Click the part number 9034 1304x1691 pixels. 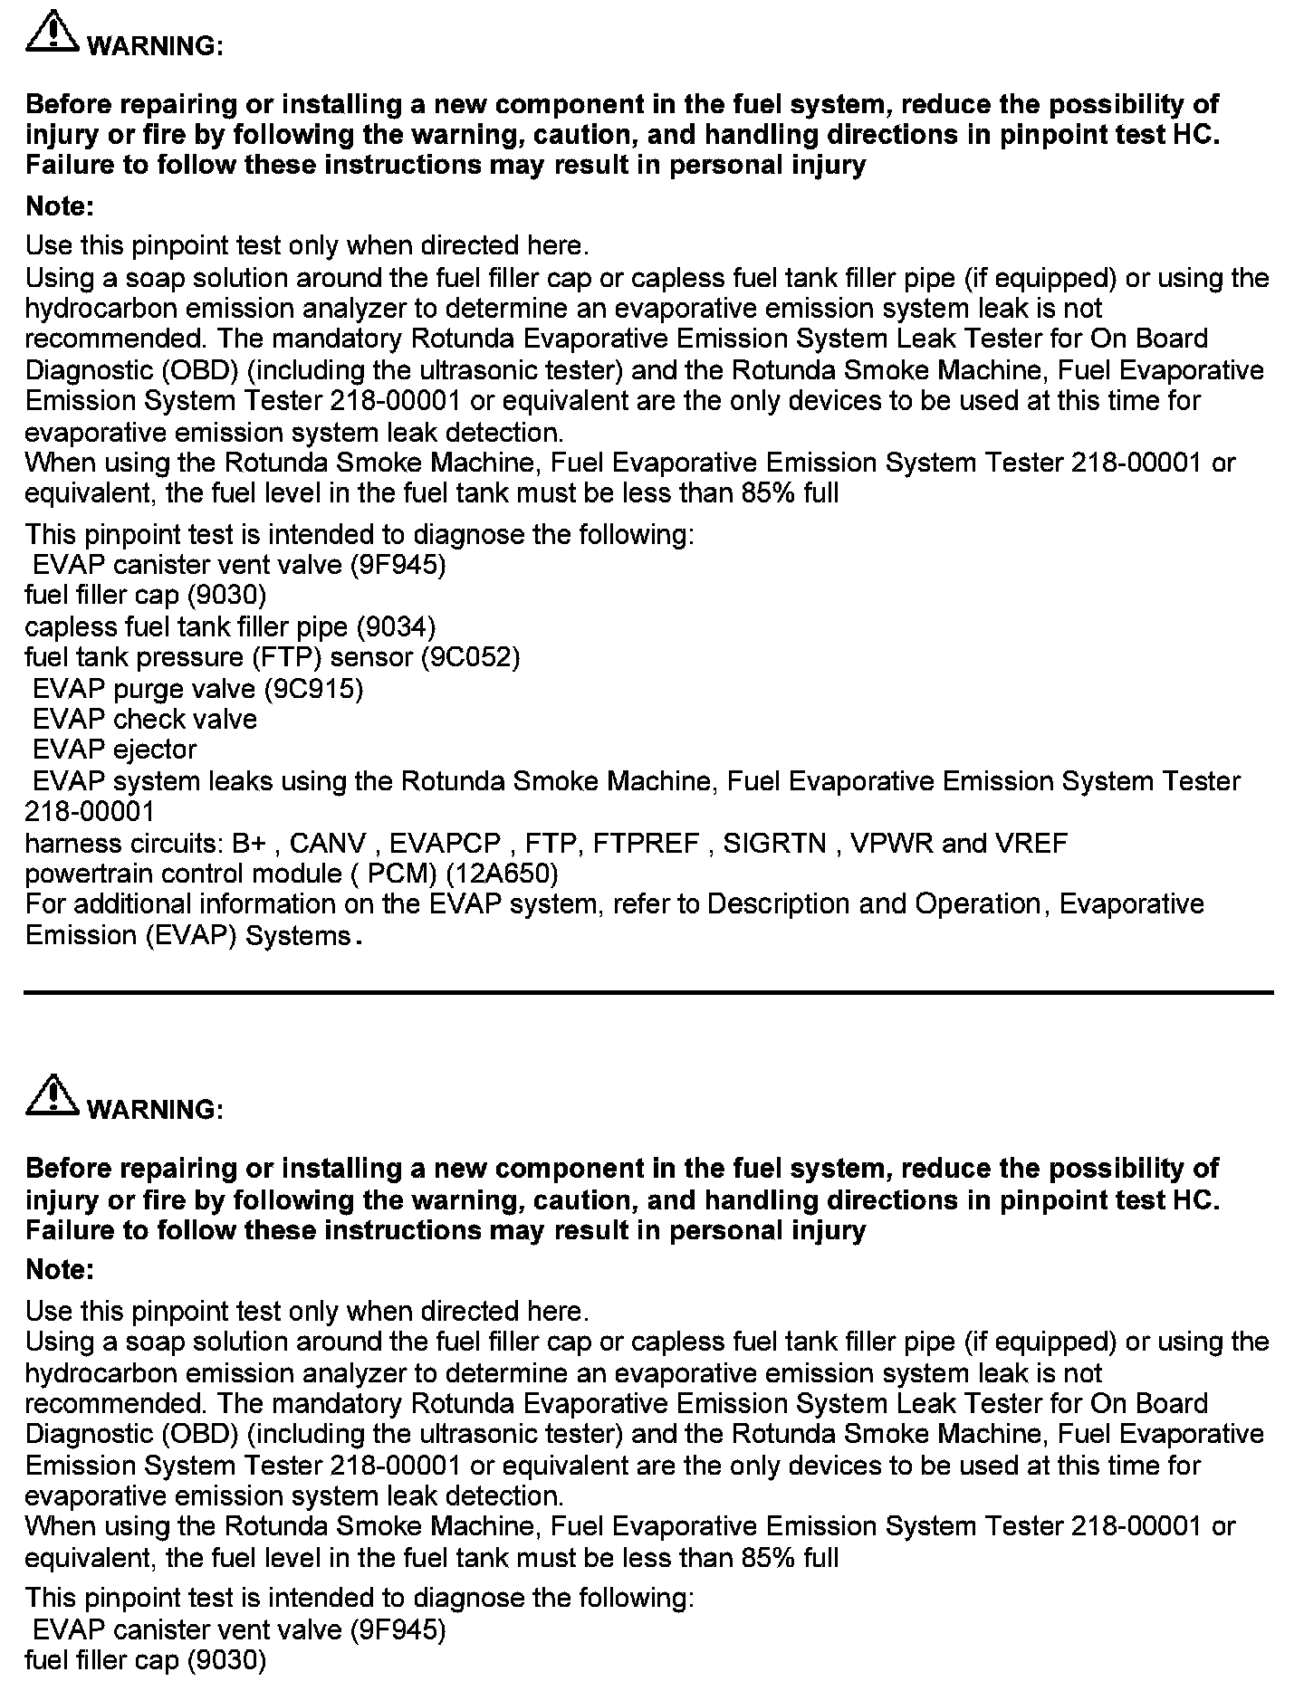tap(396, 626)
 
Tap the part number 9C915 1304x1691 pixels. tap(313, 689)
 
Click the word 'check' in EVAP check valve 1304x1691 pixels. tap(150, 720)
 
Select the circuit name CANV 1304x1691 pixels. tap(328, 844)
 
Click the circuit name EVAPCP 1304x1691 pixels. tap(446, 844)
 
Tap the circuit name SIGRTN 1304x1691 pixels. tap(775, 844)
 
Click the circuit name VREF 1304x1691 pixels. tap(1031, 844)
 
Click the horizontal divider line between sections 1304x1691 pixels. tap(648, 992)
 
